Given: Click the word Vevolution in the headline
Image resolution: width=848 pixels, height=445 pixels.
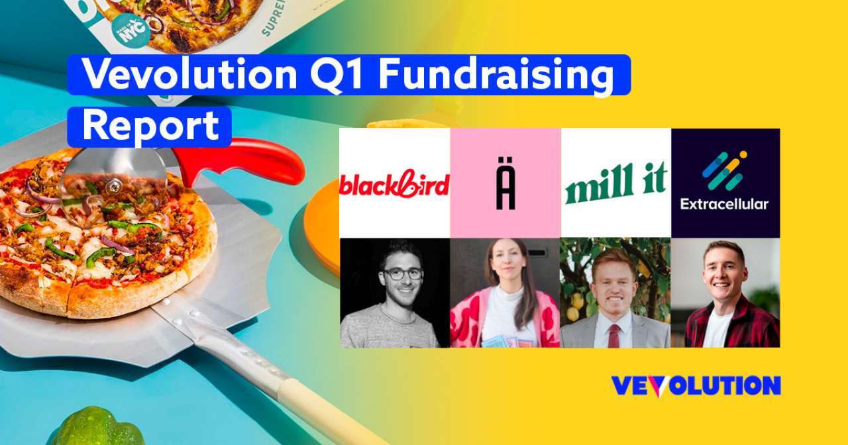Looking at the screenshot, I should pos(189,75).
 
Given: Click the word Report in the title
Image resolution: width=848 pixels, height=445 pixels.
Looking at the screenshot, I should pos(150,126).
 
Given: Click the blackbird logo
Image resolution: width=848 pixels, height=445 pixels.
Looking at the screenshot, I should pos(394,185).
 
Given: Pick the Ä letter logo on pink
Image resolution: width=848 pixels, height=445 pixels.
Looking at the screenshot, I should pos(505,190).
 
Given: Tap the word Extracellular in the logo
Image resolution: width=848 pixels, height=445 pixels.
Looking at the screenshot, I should pos(724,204).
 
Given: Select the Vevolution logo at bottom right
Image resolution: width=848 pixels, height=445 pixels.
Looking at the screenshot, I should pos(695,386).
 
